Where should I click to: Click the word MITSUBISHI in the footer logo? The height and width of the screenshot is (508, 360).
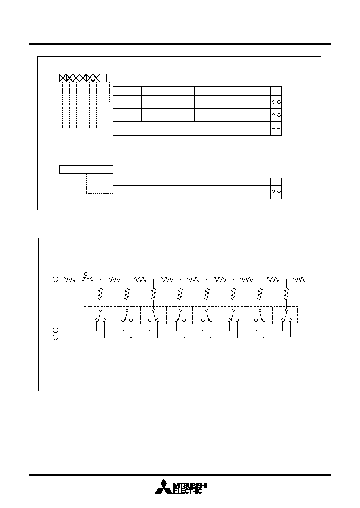190,486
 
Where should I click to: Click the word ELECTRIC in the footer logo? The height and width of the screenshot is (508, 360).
188,491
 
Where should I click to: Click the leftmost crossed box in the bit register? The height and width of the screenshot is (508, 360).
63,78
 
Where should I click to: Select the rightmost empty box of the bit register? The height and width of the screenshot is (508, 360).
110,78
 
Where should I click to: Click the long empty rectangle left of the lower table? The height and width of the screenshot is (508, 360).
86,170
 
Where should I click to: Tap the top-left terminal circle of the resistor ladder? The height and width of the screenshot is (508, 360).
55,279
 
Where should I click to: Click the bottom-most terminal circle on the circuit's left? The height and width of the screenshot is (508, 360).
55,337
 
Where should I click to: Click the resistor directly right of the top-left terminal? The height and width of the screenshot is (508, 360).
70,279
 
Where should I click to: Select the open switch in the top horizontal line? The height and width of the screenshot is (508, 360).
87,277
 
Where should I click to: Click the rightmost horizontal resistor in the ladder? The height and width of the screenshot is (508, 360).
300,279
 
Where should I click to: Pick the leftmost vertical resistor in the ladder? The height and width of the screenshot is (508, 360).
100,294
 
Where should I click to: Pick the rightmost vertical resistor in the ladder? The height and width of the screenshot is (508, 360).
287,294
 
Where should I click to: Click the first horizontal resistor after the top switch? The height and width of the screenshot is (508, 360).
113,279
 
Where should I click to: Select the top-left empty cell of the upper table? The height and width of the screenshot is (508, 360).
127,91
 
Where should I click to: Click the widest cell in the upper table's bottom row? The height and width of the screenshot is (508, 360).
192,129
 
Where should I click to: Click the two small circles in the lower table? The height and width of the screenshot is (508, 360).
276,191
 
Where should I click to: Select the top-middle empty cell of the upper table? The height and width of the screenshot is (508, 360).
168,91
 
